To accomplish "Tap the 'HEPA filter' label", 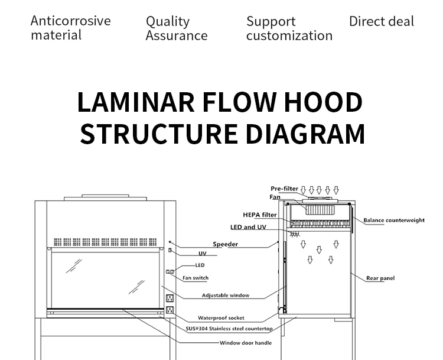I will click(x=260, y=215).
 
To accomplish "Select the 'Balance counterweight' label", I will click(x=394, y=220).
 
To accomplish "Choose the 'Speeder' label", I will click(x=225, y=244).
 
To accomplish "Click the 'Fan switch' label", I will click(x=196, y=278).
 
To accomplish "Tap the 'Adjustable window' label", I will click(x=226, y=295).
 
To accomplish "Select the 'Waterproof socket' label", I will click(x=221, y=318).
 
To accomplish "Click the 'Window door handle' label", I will click(x=246, y=343).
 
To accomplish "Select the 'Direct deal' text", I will click(x=382, y=22).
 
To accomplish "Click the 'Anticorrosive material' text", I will click(x=70, y=28).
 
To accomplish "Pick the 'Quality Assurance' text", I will click(x=176, y=28).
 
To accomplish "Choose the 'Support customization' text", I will click(x=289, y=28).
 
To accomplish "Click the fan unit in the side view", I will click(x=319, y=209).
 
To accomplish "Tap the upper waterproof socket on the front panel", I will click(x=170, y=299).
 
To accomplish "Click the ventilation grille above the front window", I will click(x=107, y=242).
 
